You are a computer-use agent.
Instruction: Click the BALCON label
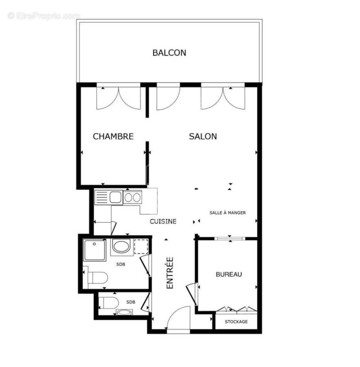tap(169, 53)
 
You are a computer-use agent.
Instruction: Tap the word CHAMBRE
tap(113, 136)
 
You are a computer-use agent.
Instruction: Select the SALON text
tap(203, 136)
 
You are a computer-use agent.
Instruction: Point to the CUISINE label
tap(163, 221)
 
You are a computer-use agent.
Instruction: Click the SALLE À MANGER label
tap(227, 213)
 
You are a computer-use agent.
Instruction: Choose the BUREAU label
tap(229, 274)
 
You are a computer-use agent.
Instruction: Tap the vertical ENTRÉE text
tap(170, 272)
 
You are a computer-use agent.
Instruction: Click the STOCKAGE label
tap(236, 322)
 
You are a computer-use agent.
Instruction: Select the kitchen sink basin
tap(115, 197)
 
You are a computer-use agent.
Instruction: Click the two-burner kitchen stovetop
tap(132, 197)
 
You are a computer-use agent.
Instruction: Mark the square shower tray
tap(95, 250)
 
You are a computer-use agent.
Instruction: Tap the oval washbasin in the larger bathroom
tap(121, 247)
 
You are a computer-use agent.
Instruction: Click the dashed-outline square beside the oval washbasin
tap(141, 247)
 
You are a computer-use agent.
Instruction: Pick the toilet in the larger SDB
tap(97, 278)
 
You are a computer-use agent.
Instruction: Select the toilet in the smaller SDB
tap(110, 302)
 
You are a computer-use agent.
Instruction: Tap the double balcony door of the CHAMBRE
tap(118, 97)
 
